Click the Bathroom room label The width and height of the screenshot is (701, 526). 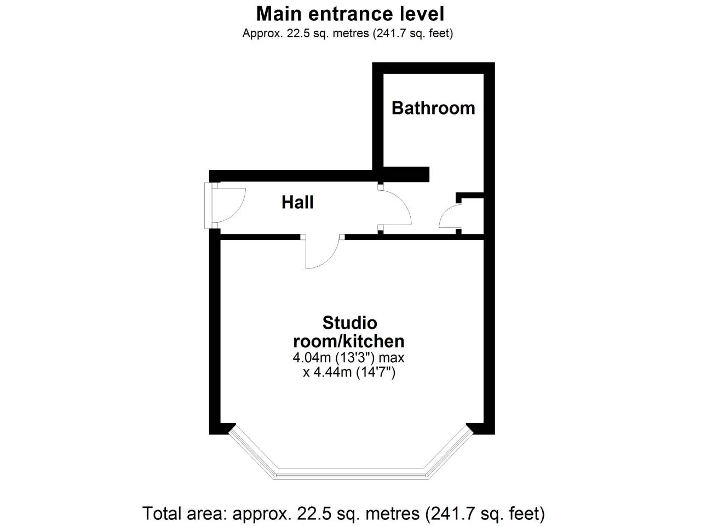click(433, 108)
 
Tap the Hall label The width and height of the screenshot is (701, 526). click(297, 202)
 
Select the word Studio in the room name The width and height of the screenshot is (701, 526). click(350, 323)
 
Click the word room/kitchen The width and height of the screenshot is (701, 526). click(349, 341)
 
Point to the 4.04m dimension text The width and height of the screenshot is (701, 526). click(312, 358)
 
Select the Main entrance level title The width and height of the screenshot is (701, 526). click(350, 14)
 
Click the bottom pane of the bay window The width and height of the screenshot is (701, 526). click(351, 476)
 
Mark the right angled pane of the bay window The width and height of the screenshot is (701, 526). click(449, 451)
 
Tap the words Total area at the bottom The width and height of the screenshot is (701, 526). click(184, 514)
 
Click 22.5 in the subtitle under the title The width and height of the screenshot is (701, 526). click(298, 33)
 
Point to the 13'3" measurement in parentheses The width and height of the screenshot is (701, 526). click(355, 358)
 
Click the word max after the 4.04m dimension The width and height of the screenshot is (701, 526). click(392, 358)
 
